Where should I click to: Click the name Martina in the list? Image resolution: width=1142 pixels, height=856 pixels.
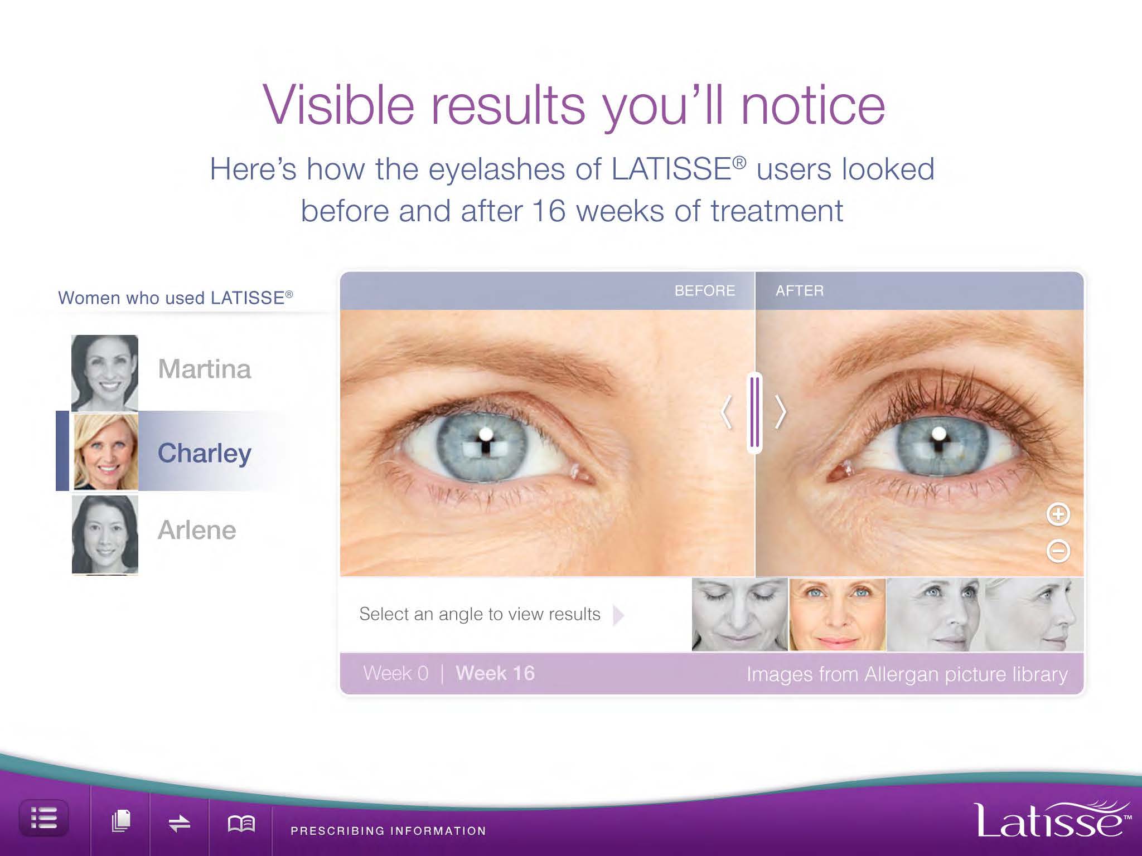tap(205, 369)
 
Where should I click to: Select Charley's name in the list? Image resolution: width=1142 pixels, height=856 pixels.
tap(205, 453)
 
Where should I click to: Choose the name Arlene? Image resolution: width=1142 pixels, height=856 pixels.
tap(197, 530)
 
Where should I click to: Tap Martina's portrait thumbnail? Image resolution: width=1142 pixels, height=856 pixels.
tap(105, 373)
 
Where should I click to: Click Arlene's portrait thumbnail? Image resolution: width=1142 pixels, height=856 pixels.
tap(105, 535)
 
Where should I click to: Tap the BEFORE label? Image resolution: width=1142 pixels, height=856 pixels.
tap(705, 291)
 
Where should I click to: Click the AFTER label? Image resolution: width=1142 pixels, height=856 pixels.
tap(800, 291)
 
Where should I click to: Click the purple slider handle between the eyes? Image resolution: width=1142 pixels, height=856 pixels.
tap(755, 412)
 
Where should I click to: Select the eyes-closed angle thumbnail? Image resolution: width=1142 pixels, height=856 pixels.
tap(739, 614)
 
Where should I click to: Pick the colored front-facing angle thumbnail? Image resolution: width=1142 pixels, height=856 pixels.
tap(838, 614)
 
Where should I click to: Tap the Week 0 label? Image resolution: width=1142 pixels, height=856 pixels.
tap(396, 673)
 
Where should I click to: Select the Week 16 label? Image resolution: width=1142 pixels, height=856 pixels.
tap(495, 673)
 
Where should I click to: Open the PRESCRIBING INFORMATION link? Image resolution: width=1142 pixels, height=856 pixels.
tap(388, 831)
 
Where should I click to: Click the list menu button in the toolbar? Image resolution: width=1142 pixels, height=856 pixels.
tap(44, 819)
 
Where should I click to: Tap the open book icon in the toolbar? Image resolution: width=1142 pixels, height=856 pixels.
tap(241, 823)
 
